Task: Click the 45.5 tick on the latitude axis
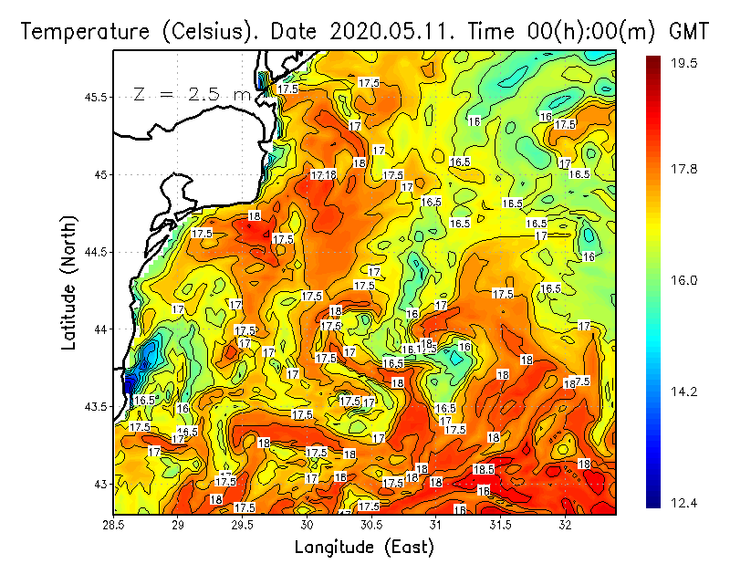96,97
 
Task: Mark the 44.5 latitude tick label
96,251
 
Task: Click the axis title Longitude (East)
364,547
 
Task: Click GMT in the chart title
690,31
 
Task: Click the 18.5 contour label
484,469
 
